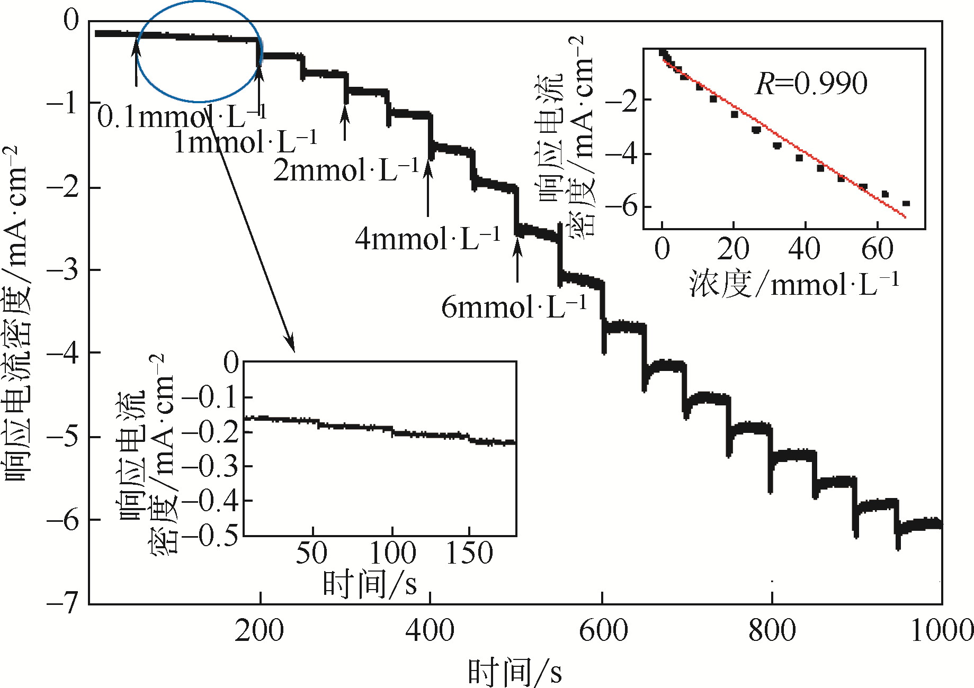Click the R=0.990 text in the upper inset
coord(811,84)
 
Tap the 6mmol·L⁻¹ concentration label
coord(514,307)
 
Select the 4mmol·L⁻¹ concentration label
coord(427,239)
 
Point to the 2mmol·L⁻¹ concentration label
coord(346,170)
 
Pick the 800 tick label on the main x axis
coord(772,631)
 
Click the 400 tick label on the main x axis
coord(430,631)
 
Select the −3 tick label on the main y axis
coord(62,270)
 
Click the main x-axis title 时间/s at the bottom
coord(514,672)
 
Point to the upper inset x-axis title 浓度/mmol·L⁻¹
coord(794,284)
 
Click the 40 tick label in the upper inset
coord(804,249)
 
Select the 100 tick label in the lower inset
coord(392,554)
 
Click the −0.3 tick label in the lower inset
coord(210,466)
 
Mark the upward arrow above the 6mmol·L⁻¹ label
coord(517,259)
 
